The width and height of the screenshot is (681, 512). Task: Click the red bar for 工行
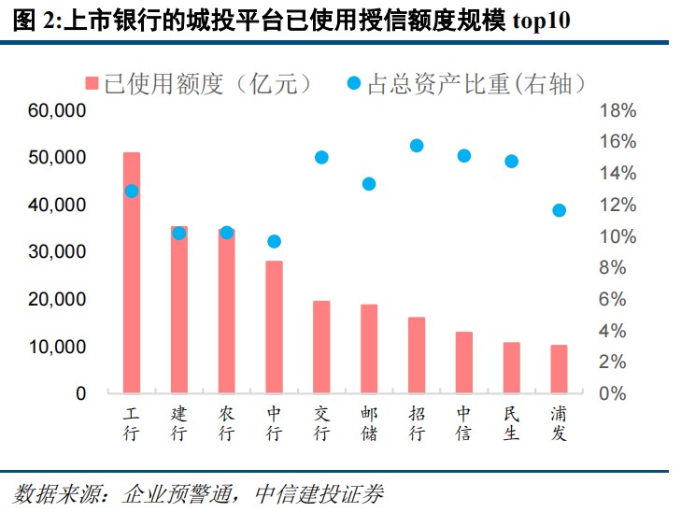click(132, 272)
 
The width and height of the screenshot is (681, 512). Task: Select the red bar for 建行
click(179, 309)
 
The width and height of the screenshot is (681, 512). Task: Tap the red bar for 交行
click(321, 347)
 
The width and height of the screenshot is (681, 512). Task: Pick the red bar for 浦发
click(559, 369)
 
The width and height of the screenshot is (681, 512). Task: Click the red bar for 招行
click(417, 355)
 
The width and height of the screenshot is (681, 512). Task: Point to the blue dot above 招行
click(417, 145)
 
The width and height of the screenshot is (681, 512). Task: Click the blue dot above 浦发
click(559, 210)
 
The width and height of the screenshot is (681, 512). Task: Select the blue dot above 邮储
click(369, 184)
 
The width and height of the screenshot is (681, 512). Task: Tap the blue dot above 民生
click(511, 161)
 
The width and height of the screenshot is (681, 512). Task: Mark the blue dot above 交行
click(321, 157)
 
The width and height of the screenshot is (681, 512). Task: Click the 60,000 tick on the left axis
click(57, 111)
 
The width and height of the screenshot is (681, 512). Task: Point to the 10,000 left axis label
click(57, 347)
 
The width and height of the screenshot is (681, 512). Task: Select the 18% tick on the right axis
click(617, 111)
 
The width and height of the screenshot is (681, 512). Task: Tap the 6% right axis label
click(617, 300)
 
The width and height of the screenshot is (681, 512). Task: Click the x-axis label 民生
click(511, 423)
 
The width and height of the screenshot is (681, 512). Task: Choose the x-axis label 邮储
click(369, 423)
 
